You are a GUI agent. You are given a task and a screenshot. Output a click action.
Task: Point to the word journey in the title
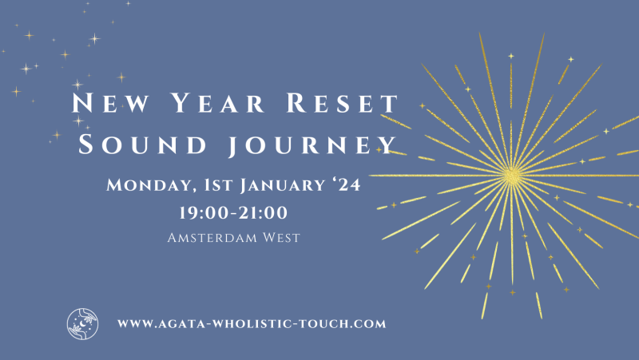[x=312, y=145]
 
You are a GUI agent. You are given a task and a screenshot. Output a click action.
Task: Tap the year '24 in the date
[x=346, y=186]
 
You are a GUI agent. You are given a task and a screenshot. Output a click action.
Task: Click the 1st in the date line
[x=211, y=186]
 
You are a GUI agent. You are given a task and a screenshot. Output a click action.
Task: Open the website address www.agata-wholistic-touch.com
[x=252, y=324]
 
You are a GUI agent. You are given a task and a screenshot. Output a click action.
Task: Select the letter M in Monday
[x=115, y=186]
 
